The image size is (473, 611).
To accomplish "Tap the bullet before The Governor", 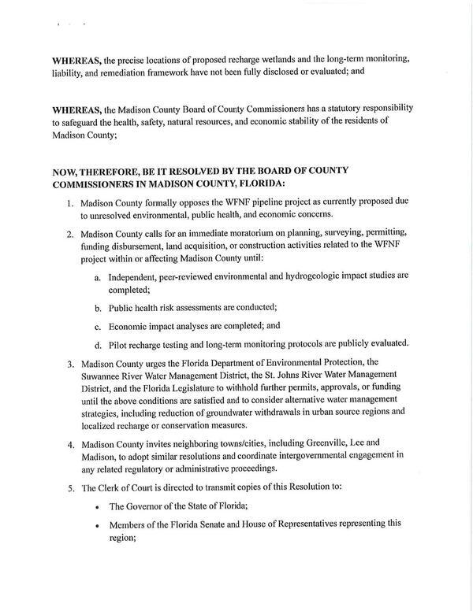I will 95,506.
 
